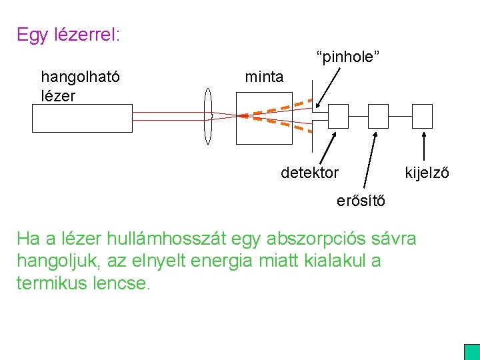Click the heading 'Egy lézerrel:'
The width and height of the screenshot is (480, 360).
69,35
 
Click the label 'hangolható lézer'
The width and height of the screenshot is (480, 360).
80,86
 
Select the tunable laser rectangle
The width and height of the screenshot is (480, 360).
82,119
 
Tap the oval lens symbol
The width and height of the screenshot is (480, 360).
207,116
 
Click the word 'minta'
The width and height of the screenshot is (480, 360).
263,77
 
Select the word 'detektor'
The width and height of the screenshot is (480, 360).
309,173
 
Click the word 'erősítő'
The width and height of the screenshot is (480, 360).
360,201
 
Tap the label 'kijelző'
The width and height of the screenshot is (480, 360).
427,173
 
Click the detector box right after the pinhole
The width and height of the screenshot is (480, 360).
338,116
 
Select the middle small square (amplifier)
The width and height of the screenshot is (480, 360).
379,116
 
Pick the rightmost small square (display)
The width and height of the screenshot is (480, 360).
422,116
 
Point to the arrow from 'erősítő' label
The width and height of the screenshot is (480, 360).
369,161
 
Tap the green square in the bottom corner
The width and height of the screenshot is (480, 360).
472,352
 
